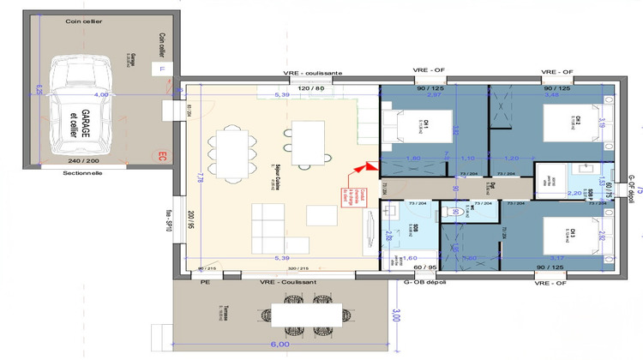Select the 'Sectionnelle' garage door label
(x=83, y=171)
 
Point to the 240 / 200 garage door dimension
(x=83, y=160)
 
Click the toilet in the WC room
(x=457, y=210)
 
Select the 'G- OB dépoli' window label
(x=424, y=281)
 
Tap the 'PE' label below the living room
(x=205, y=281)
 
